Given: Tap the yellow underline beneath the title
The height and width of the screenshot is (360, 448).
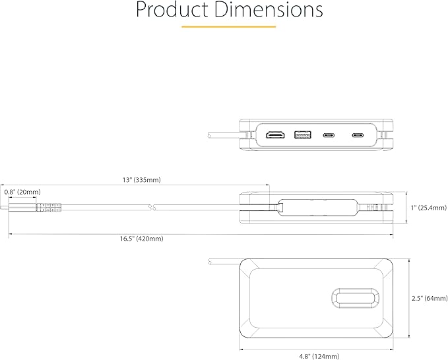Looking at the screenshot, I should (228, 27).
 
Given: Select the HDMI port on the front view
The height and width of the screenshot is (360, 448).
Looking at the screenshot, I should (274, 136).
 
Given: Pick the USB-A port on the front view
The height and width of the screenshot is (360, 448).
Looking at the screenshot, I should (302, 136).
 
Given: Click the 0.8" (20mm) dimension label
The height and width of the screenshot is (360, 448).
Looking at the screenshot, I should (22, 192).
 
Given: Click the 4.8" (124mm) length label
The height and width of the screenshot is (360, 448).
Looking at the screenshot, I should (319, 356).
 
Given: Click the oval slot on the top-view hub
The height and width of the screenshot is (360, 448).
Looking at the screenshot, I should (355, 297).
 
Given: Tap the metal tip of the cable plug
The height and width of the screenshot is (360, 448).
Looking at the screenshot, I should (15, 208).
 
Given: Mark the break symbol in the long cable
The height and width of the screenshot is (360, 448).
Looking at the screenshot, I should (152, 208).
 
